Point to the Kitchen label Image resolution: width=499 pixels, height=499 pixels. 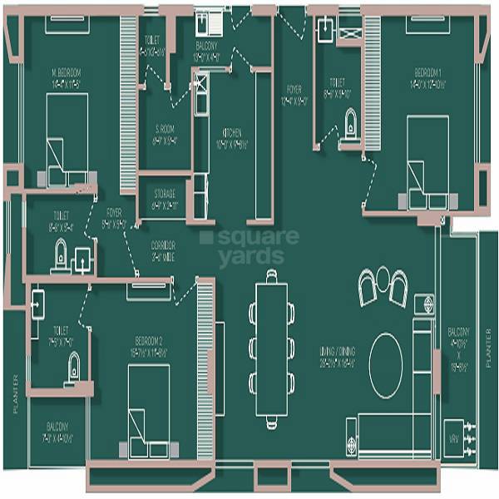pyautogui.click(x=230, y=137)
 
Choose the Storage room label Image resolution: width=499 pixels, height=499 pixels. pyautogui.click(x=163, y=197)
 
